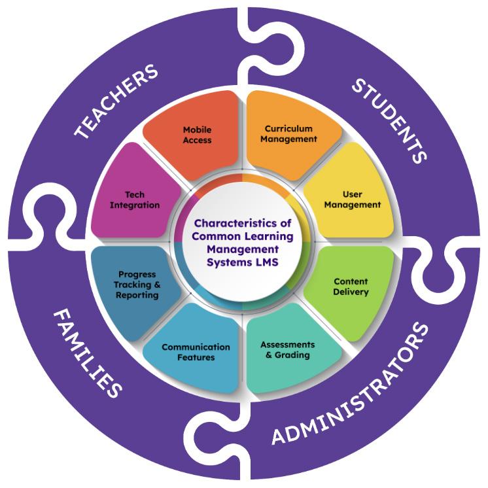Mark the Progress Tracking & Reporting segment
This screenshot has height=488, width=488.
pyautogui.click(x=137, y=285)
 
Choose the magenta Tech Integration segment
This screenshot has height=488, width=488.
pyautogui.click(x=135, y=200)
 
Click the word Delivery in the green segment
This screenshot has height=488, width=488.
pyautogui.click(x=351, y=292)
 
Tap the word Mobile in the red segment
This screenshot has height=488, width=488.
pyautogui.click(x=197, y=130)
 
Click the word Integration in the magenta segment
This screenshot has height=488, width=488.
pyautogui.click(x=135, y=205)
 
